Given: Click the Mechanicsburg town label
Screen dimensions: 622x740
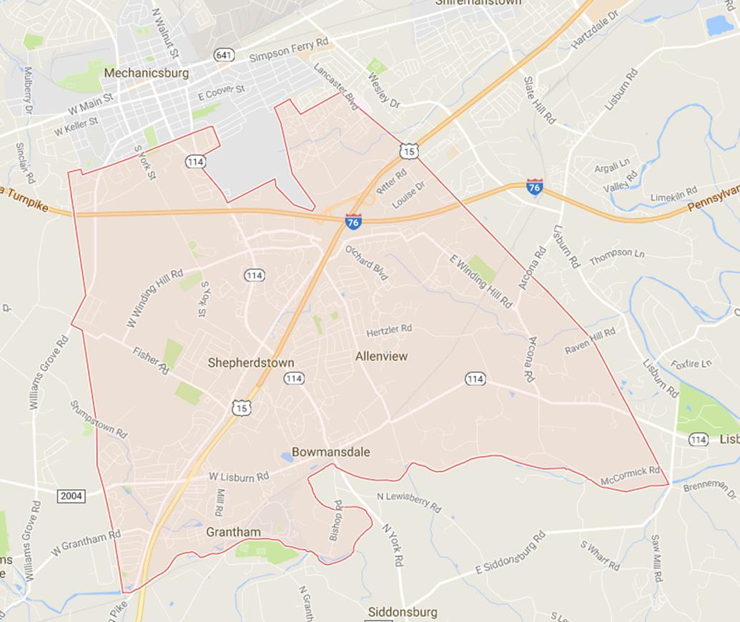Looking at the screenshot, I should (146, 73).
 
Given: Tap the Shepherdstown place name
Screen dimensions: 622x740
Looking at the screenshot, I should (251, 362).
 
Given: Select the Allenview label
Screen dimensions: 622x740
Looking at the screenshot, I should (381, 355).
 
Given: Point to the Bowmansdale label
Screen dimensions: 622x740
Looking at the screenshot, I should (330, 452).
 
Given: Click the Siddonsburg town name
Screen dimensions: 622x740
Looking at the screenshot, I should (401, 612).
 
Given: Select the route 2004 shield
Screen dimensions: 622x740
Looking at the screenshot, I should (72, 495).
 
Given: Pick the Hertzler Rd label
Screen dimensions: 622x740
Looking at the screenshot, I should (389, 330).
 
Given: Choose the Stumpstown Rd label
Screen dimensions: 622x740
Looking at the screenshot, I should (99, 419).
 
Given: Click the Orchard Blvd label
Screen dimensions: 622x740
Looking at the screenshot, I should (367, 262).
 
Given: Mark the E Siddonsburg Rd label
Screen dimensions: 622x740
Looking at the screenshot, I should (510, 552).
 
